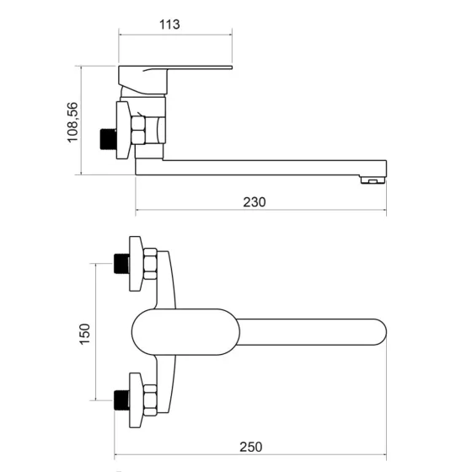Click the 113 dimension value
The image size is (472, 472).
tap(169, 24)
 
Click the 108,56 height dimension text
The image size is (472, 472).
tap(72, 122)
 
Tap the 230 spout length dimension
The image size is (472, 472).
tap(255, 202)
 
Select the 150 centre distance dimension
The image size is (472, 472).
tap(84, 334)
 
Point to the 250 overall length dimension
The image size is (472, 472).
tap(251, 447)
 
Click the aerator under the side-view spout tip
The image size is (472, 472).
tap(373, 180)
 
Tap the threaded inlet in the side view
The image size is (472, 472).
tap(108, 139)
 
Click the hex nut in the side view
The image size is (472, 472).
tap(138, 130)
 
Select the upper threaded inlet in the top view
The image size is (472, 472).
tap(121, 264)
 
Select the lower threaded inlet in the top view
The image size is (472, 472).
tap(121, 400)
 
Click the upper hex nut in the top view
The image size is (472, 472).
tap(150, 264)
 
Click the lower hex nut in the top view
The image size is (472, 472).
tap(150, 400)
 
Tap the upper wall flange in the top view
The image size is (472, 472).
tap(136, 264)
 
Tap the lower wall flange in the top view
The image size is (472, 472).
tap(136, 400)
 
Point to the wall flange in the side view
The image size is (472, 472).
tap(123, 130)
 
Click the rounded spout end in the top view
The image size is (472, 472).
tap(380, 332)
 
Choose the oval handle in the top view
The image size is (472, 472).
tap(185, 332)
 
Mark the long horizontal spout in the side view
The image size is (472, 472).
tap(260, 168)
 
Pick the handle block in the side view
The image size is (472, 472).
tap(142, 80)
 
